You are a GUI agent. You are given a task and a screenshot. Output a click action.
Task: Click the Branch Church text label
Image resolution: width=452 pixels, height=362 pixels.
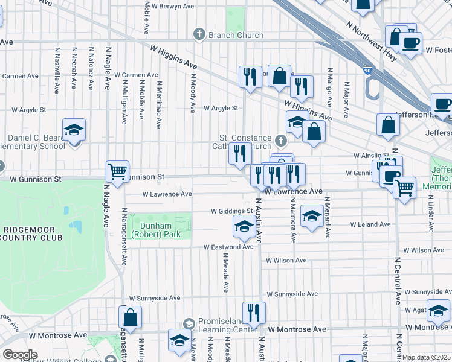pyautogui.click(x=236, y=35)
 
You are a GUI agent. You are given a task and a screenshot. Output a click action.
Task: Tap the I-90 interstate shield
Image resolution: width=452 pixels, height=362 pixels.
pyautogui.click(x=367, y=71)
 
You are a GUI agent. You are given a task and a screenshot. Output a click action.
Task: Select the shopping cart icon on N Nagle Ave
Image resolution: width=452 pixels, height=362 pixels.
pyautogui.click(x=117, y=171)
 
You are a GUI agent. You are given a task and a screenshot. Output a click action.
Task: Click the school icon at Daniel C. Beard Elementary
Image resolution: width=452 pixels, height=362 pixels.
pyautogui.click(x=74, y=130)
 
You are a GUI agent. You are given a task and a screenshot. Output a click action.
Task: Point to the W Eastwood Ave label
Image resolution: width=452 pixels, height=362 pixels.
pyautogui.click(x=228, y=247)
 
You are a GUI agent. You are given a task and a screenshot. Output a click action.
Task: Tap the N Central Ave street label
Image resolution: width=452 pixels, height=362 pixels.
pyautogui.click(x=398, y=281)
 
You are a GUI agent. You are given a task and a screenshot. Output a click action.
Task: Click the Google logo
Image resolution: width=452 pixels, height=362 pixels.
pyautogui.click(x=20, y=355)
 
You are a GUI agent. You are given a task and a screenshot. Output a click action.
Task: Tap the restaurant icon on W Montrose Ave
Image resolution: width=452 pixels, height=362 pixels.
pyautogui.click(x=254, y=313)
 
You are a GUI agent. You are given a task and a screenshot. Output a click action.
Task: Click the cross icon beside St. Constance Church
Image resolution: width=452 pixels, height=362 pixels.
pyautogui.click(x=280, y=141)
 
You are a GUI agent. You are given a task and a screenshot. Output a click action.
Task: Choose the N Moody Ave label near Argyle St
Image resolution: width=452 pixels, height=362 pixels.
pyautogui.click(x=193, y=94)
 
